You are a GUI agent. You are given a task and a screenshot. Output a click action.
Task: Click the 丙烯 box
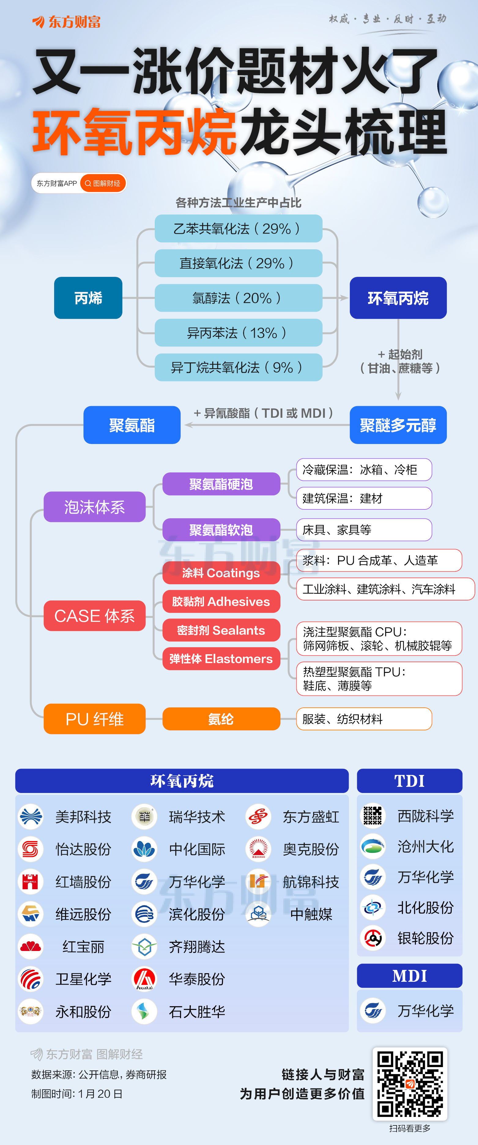pyautogui.click(x=88, y=298)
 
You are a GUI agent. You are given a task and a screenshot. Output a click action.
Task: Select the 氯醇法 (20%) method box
pyautogui.click(x=238, y=298)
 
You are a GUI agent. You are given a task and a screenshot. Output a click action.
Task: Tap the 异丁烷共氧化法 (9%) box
pyautogui.click(x=238, y=367)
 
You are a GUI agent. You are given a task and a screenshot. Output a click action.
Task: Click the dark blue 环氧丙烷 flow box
pyautogui.click(x=398, y=298)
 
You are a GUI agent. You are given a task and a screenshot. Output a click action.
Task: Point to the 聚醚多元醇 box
pyautogui.click(x=398, y=425)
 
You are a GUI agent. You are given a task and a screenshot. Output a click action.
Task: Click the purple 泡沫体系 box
pyautogui.click(x=94, y=507)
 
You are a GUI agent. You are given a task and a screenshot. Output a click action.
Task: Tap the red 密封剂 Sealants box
pyautogui.click(x=221, y=630)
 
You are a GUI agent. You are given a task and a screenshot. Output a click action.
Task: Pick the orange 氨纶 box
pyautogui.click(x=221, y=719)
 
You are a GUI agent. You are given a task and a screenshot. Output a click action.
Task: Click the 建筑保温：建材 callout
pyautogui.click(x=364, y=498)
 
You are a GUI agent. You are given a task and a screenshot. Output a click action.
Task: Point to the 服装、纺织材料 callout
pyautogui.click(x=364, y=719)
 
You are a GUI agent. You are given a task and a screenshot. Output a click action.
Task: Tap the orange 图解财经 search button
pyautogui.click(x=103, y=183)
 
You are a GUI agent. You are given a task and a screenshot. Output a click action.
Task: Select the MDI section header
pyautogui.click(x=409, y=976)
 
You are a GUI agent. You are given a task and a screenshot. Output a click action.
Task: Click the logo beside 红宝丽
pyautogui.click(x=31, y=947)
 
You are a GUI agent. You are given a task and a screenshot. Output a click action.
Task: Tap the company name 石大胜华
pyautogui.click(x=197, y=1012)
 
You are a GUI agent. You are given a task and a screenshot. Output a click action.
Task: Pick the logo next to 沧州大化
pyautogui.click(x=372, y=846)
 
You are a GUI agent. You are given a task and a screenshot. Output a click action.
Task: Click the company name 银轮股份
pyautogui.click(x=425, y=938)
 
